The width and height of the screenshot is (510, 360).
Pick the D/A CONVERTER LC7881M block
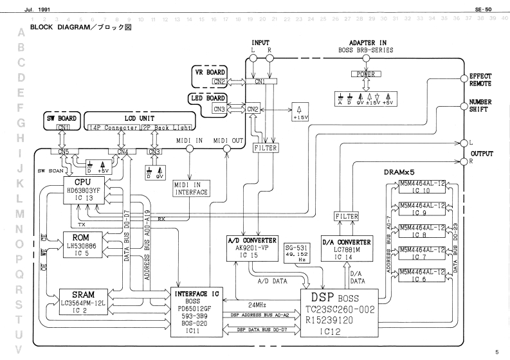coord(348,248)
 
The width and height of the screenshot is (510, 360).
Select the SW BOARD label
coord(64,119)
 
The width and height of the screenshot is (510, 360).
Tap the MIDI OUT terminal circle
coord(226,149)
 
